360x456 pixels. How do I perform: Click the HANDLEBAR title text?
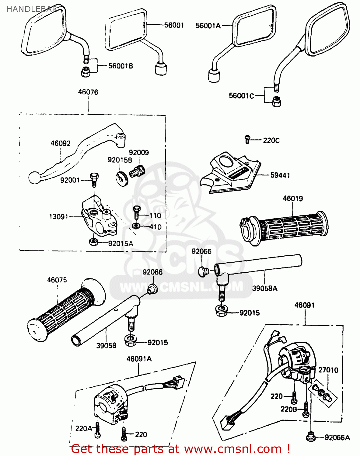32,9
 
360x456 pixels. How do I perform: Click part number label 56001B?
121,66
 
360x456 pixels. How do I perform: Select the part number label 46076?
88,92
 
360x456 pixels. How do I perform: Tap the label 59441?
280,175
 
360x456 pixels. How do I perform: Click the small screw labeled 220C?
247,140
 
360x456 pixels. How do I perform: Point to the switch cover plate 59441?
231,174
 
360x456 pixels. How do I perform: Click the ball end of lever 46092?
34,178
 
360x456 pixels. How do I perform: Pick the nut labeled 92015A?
93,242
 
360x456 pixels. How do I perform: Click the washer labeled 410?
136,226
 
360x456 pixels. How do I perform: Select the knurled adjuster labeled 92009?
137,171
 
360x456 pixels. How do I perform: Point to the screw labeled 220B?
306,409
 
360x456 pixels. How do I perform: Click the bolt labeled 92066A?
310,437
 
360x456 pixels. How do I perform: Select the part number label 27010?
328,370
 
